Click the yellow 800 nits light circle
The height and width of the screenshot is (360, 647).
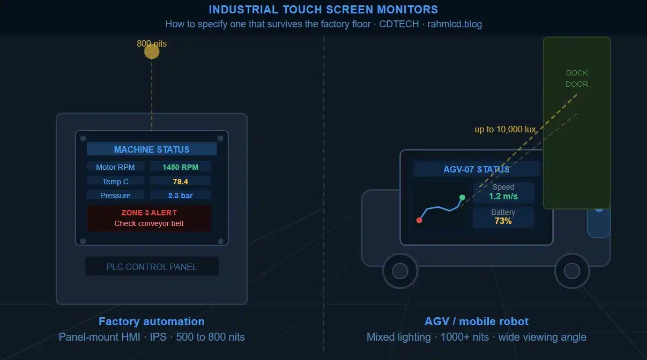tap(152, 51)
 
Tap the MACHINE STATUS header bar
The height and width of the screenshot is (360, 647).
tap(152, 149)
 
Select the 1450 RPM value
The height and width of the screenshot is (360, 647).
tap(180, 167)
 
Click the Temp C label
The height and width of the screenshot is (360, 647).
tap(115, 182)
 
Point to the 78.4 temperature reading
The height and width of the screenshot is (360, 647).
tap(180, 182)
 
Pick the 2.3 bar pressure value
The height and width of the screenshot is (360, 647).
tap(180, 196)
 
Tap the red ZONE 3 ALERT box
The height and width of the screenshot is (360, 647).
tap(149, 218)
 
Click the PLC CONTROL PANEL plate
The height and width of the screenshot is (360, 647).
tap(152, 266)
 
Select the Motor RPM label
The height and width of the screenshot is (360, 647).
tap(115, 167)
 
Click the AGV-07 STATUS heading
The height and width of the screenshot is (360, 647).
tap(477, 169)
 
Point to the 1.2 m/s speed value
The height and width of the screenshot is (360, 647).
tap(503, 196)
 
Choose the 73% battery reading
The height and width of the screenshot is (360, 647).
tap(503, 221)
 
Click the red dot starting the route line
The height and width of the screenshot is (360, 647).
tap(419, 220)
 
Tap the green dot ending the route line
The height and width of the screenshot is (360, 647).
tap(462, 198)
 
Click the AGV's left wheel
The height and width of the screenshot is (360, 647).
tap(400, 271)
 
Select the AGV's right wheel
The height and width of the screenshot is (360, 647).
tap(572, 271)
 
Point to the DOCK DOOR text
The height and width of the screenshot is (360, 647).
tap(577, 79)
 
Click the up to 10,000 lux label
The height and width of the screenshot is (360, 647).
tap(505, 129)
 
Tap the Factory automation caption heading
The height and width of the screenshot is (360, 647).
tap(152, 321)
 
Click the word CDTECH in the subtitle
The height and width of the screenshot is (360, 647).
tap(399, 24)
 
